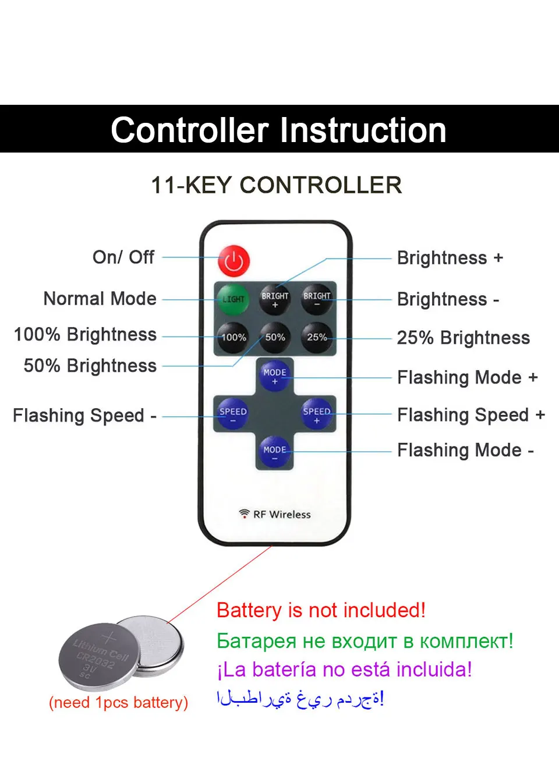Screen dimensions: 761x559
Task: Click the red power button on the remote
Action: click(233, 261)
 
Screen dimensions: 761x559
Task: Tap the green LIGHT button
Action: click(233, 299)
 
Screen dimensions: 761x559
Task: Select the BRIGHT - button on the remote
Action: click(317, 299)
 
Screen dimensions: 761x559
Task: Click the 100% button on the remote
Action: click(233, 337)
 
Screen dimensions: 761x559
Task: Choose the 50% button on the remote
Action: click(275, 337)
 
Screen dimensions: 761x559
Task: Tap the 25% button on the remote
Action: click(317, 337)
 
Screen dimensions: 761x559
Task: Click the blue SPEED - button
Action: click(233, 415)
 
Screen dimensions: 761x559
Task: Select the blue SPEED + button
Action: click(317, 415)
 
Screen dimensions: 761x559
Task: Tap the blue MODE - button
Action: click(275, 452)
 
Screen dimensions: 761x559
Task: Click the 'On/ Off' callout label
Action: click(123, 257)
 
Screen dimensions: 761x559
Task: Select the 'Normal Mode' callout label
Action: click(100, 299)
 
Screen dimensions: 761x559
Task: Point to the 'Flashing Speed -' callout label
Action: click(84, 415)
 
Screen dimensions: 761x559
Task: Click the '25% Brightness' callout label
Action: click(464, 338)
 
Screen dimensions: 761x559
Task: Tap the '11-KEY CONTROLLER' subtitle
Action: click(276, 185)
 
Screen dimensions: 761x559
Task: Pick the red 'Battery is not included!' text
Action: click(321, 610)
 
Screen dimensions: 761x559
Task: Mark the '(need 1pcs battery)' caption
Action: click(118, 702)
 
